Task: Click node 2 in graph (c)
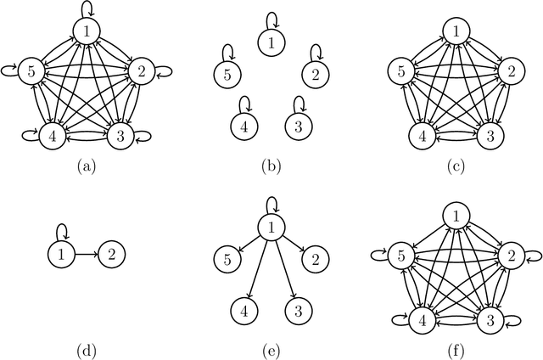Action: click(508, 70)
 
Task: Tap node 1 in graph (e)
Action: click(271, 228)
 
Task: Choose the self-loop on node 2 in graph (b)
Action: click(316, 54)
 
